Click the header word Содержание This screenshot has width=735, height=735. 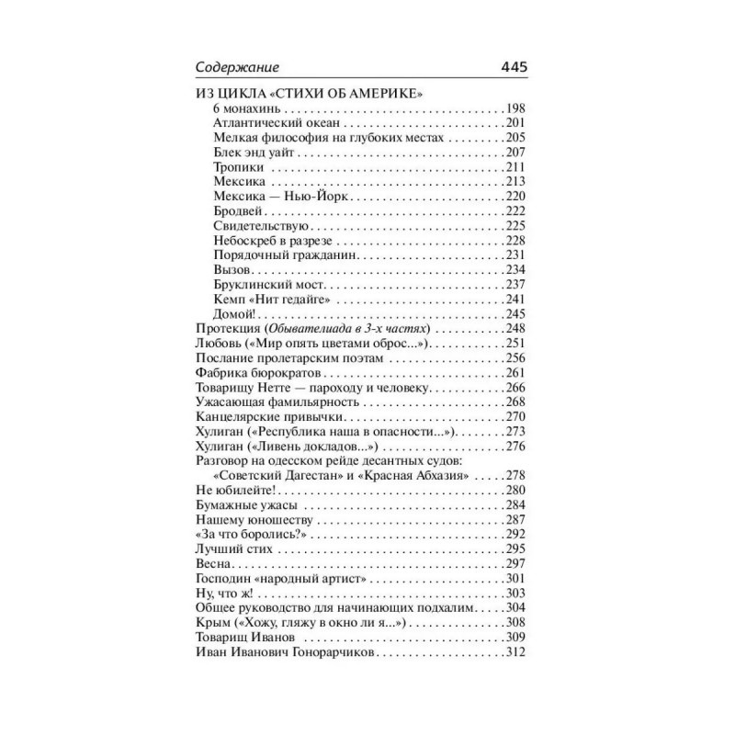point(238,67)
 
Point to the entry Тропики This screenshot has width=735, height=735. point(238,167)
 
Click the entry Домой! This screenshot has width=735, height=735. point(232,314)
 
